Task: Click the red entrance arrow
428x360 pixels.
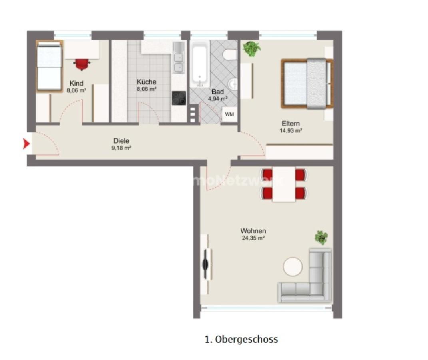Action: [x=26, y=143]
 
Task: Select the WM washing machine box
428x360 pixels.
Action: [x=229, y=114]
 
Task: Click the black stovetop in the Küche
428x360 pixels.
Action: [x=179, y=98]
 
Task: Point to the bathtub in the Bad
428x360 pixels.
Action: [x=199, y=64]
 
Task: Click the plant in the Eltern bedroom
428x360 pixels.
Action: [x=251, y=49]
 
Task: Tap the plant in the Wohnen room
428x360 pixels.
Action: [x=321, y=237]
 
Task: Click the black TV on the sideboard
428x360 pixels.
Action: [x=206, y=264]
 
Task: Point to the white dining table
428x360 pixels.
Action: [x=284, y=184]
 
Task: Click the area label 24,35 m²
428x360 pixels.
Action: [x=253, y=238]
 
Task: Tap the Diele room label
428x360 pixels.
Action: [x=121, y=141]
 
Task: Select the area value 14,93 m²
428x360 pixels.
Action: [x=291, y=130]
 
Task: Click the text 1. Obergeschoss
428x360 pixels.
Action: [x=241, y=340]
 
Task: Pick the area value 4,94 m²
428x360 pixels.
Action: [x=218, y=99]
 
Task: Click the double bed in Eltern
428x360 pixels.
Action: [x=307, y=83]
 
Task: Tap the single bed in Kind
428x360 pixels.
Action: [x=49, y=66]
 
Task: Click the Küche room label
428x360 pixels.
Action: [x=147, y=82]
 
